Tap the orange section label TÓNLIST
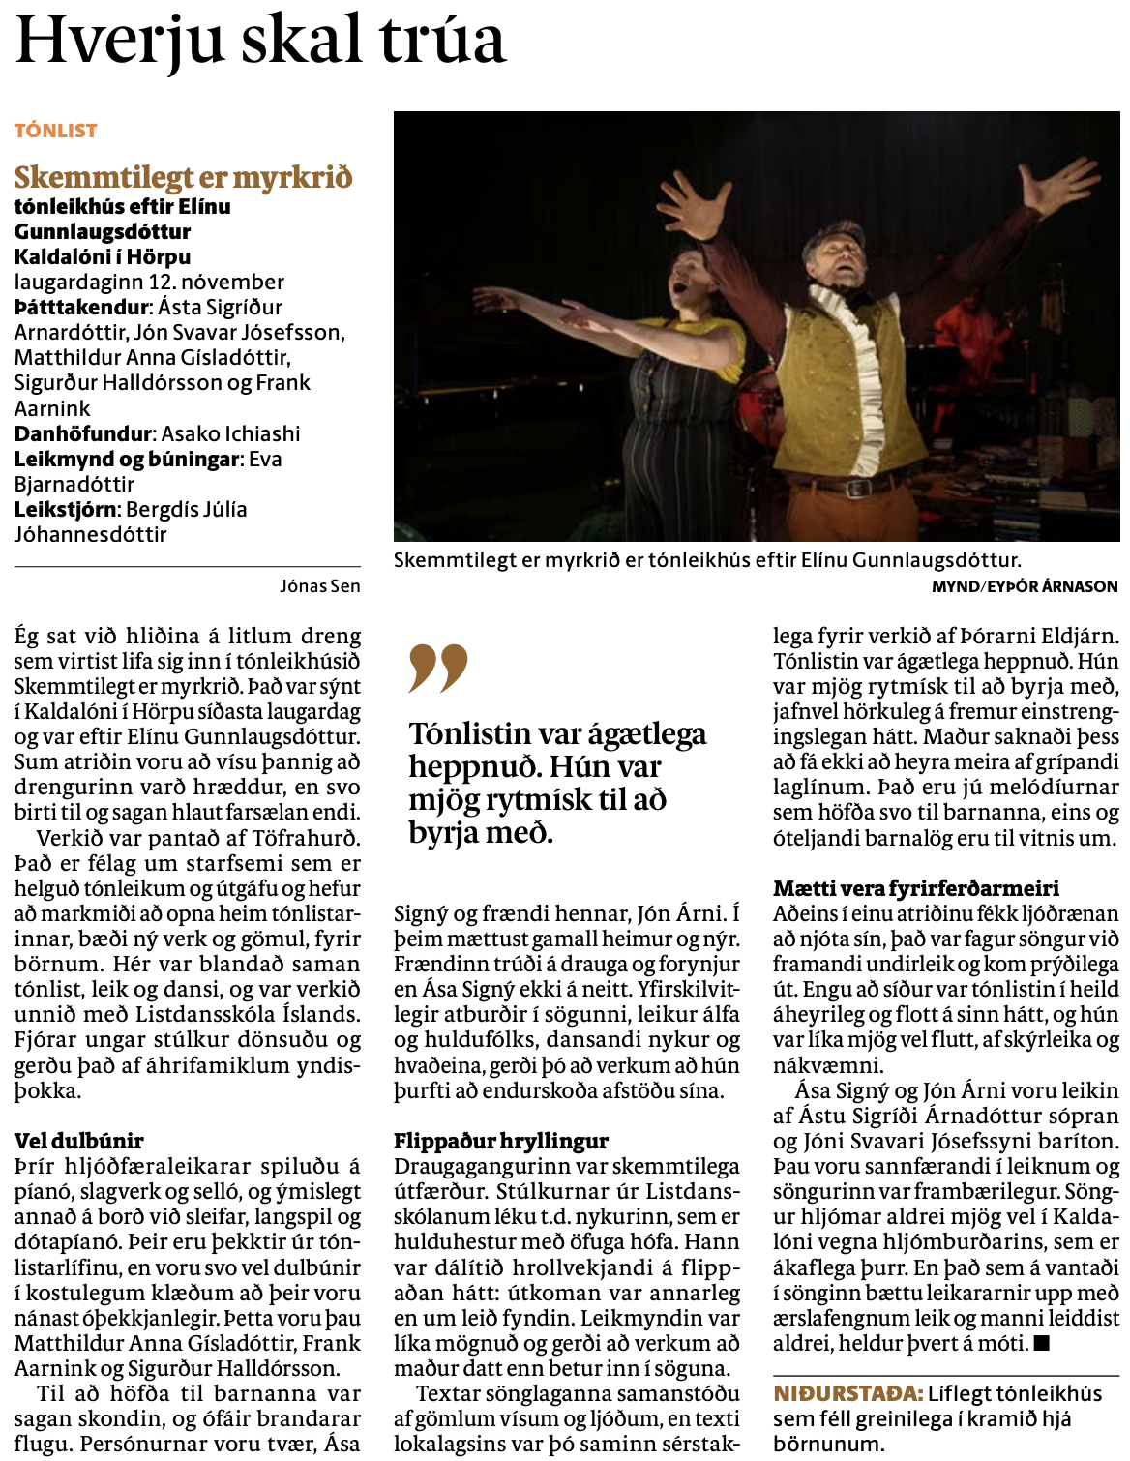coord(56,131)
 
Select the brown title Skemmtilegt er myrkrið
coord(183,178)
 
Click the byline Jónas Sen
coord(319,585)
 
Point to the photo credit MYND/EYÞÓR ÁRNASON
coord(1025,585)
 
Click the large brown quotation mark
coord(437,668)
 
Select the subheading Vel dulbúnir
coord(78,1141)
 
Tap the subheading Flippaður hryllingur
coord(500,1141)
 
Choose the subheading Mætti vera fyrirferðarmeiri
coord(915,888)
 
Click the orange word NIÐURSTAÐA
coord(847,1393)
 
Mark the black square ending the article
coord(1041,1343)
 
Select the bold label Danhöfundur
coord(84,433)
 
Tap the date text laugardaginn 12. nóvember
coord(149,283)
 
